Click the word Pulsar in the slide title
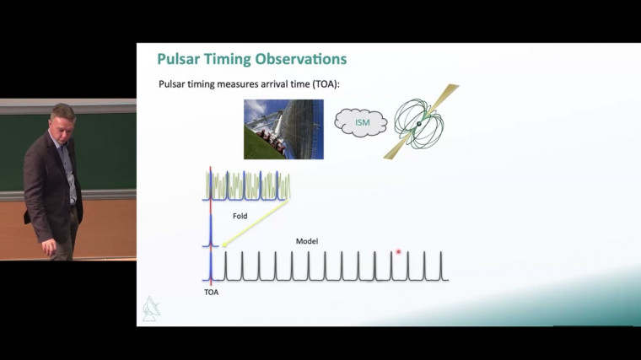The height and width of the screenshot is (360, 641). [x=179, y=59]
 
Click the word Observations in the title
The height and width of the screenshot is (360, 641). [x=294, y=59]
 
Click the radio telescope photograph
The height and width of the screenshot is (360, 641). [x=283, y=129]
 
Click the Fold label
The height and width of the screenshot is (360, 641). [x=241, y=216]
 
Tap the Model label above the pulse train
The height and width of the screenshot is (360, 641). [x=306, y=241]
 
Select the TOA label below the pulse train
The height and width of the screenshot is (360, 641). [x=211, y=293]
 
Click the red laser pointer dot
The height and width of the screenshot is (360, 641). [x=398, y=251]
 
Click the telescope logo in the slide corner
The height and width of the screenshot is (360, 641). [x=150, y=309]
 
